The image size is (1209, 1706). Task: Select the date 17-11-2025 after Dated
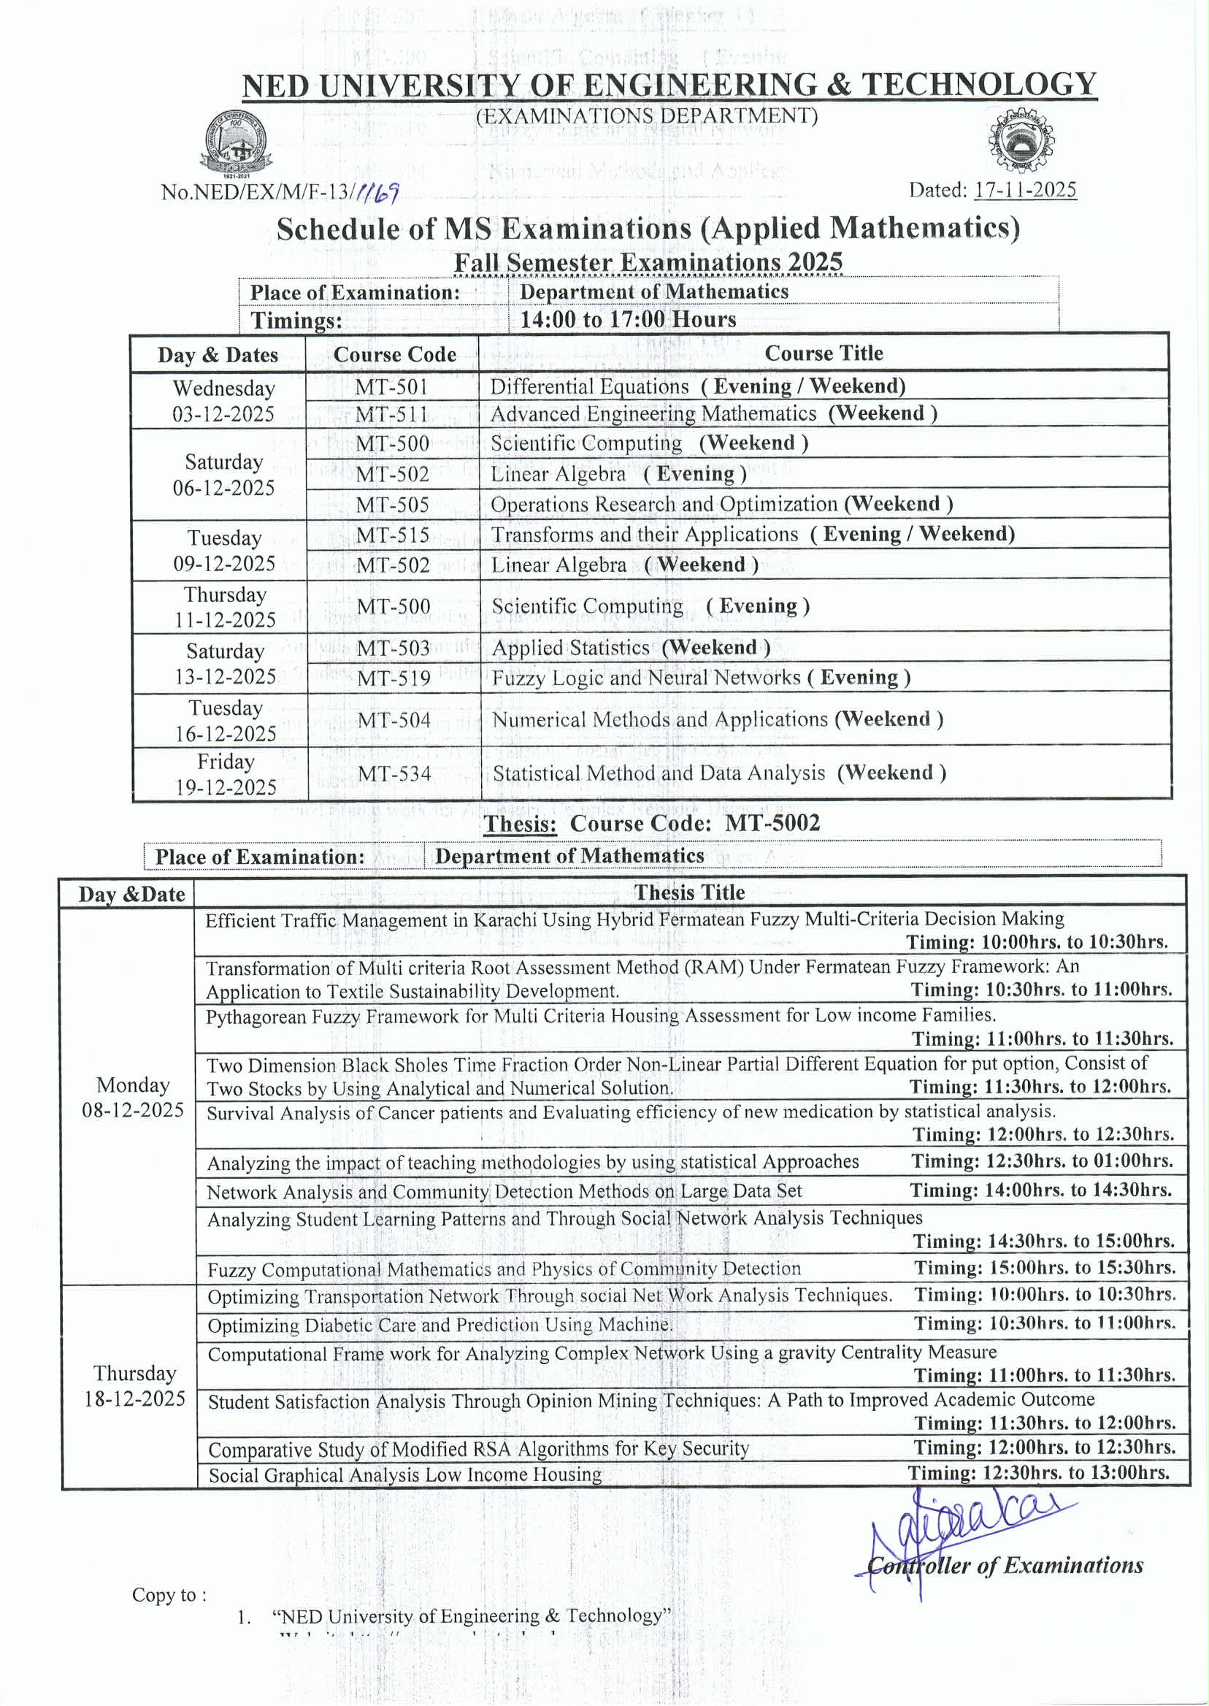(1025, 190)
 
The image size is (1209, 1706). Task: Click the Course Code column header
(394, 354)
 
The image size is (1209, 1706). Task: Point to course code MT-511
(391, 414)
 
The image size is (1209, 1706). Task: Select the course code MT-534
(394, 773)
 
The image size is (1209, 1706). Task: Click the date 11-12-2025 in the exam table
(225, 619)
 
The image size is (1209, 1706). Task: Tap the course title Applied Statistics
(570, 648)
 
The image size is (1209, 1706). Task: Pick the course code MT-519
(394, 678)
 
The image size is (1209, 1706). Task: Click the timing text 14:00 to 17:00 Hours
(628, 319)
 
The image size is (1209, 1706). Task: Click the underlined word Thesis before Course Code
(520, 824)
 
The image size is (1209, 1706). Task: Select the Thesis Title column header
(689, 892)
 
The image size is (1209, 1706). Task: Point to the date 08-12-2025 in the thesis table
(133, 1110)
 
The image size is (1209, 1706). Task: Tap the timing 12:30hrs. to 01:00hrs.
(1042, 1161)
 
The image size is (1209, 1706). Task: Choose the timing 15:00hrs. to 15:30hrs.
(1045, 1267)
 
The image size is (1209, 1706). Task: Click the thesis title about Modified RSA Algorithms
(478, 1449)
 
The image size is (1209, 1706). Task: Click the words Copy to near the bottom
(169, 1594)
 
